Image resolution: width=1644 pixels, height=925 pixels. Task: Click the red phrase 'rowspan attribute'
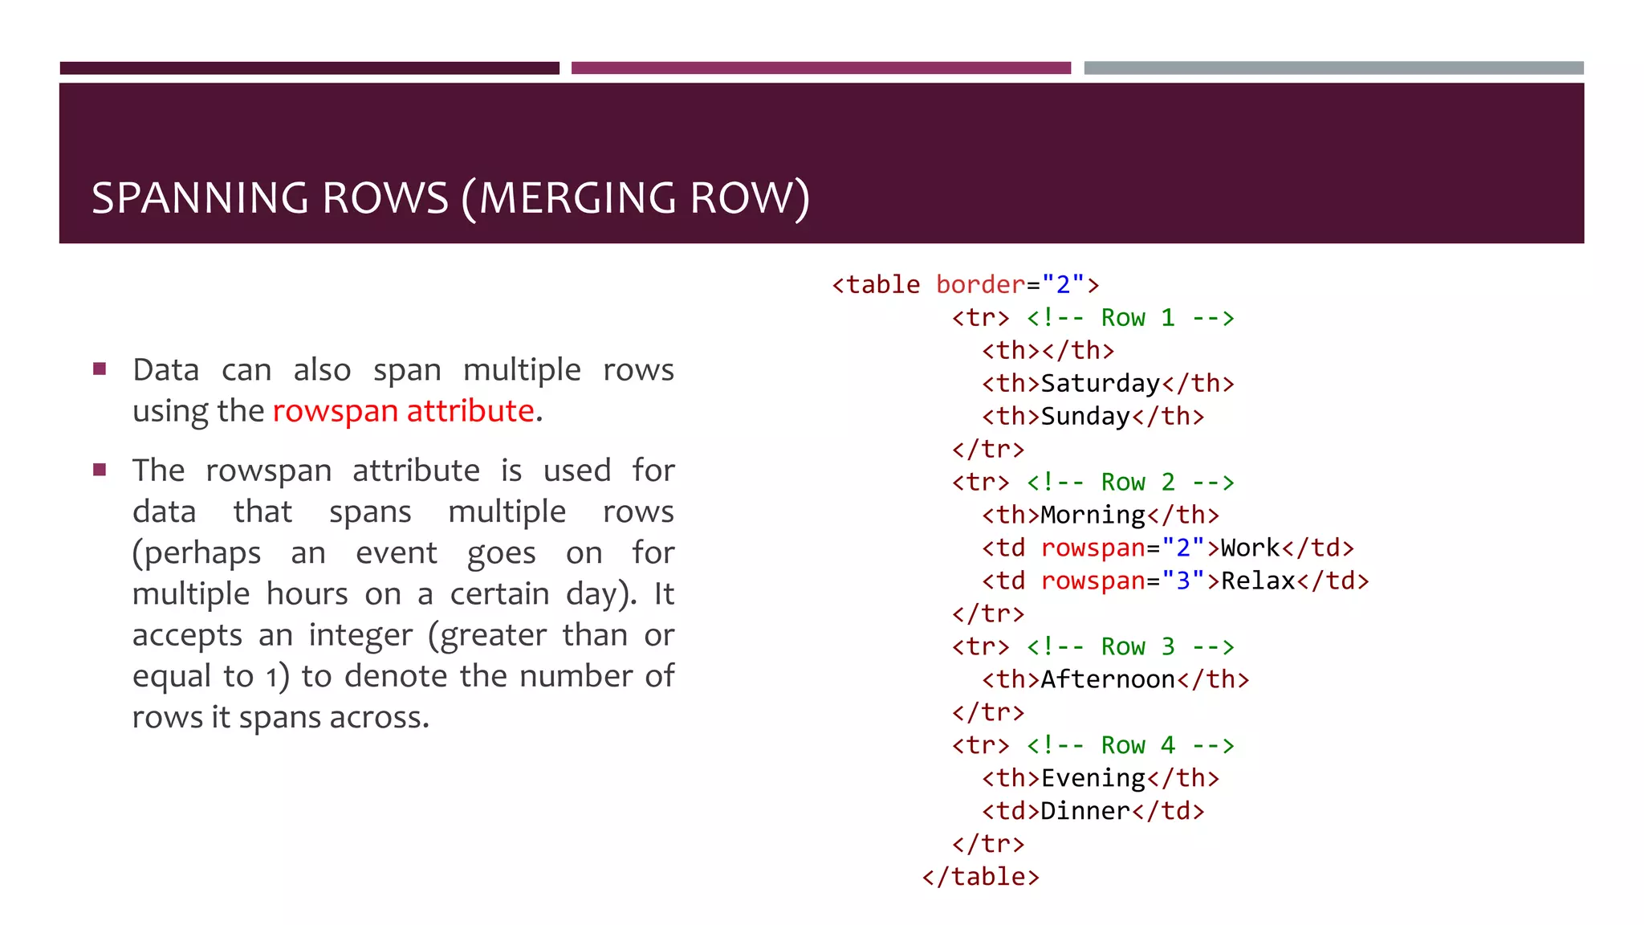(403, 411)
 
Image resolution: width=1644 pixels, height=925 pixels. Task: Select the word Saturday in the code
(1101, 384)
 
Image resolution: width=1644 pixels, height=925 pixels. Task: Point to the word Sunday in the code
(1085, 417)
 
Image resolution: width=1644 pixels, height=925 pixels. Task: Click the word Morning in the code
(1093, 515)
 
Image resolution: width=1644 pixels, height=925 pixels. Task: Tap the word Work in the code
(1250, 548)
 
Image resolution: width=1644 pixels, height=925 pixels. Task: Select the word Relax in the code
(1258, 581)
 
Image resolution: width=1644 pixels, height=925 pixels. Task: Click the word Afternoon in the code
(1108, 680)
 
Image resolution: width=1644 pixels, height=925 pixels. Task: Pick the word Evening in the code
(1093, 778)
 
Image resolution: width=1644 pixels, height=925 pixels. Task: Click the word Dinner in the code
(1085, 811)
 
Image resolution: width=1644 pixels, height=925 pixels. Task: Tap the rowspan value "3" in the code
(1183, 581)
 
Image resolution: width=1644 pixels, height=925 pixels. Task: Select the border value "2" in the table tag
(1064, 285)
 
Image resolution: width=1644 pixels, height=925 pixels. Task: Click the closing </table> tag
(980, 877)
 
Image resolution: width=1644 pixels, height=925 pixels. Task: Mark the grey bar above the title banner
(1333, 68)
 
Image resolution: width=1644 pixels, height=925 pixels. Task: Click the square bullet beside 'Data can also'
(100, 369)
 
